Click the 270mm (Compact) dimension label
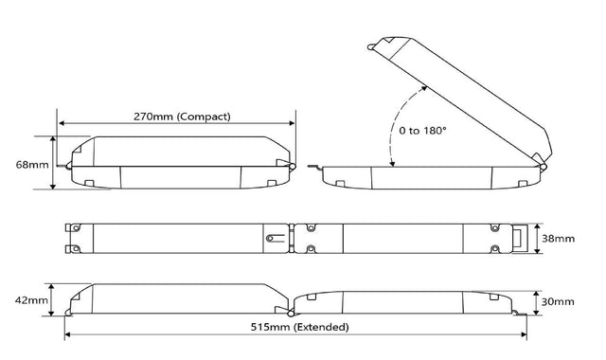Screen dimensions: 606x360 coord(182,117)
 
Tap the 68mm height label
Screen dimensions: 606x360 coord(32,165)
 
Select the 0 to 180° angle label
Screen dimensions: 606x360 coord(422,131)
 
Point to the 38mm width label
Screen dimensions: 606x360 coord(558,239)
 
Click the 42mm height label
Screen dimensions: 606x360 coord(31,300)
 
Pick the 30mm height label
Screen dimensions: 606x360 coord(558,301)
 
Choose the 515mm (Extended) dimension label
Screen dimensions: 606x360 coord(299,327)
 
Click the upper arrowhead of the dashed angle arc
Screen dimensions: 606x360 coord(424,88)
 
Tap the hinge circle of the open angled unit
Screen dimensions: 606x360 coord(544,167)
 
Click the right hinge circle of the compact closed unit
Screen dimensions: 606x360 coord(293,167)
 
